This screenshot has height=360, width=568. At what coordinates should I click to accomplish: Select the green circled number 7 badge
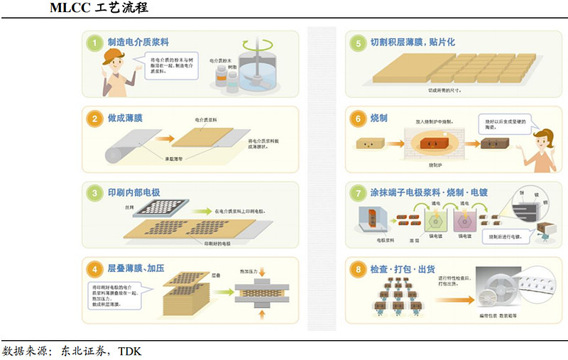coord(358,193)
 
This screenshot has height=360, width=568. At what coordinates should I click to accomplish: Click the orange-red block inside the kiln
coord(430,145)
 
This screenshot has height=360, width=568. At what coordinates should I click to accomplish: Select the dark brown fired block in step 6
coord(492,145)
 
